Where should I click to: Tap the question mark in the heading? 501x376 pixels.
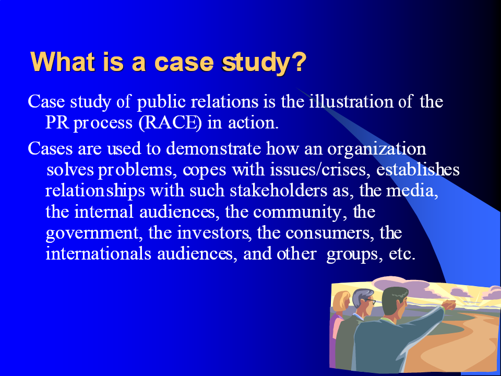coord(299,62)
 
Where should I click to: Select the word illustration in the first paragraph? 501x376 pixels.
coord(351,101)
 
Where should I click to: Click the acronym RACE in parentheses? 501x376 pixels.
coord(170,123)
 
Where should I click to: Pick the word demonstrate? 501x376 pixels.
coord(213,149)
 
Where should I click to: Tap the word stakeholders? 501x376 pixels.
coord(278,191)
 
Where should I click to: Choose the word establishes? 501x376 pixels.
coord(417,169)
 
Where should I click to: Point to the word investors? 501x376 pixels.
coord(213,233)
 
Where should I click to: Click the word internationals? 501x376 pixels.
coord(99,254)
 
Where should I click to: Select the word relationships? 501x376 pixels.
coord(95,192)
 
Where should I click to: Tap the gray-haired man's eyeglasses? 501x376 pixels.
coord(369,301)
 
